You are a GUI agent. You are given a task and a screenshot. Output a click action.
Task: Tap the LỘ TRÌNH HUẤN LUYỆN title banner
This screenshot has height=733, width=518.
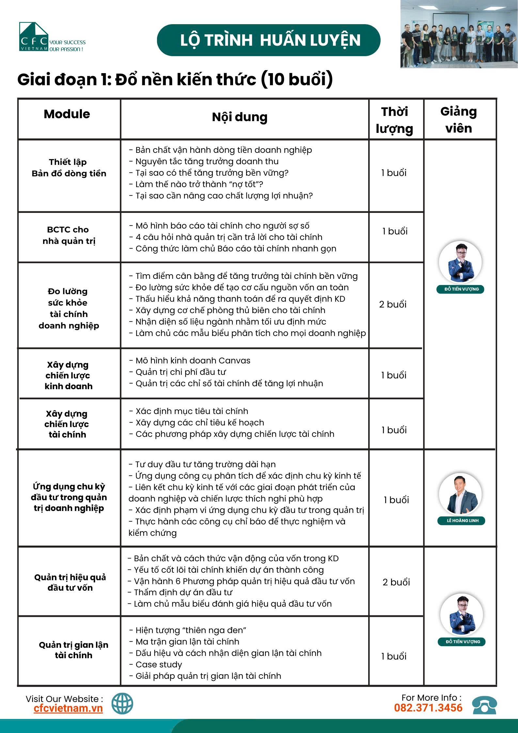268,40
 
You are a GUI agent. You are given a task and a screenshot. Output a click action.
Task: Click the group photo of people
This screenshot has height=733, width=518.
459,34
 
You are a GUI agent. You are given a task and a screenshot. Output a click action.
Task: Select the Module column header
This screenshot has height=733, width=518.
67,114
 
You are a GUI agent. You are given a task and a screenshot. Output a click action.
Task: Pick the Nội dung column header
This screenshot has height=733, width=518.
240,117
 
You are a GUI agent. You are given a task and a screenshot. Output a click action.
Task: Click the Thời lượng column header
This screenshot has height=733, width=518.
395,120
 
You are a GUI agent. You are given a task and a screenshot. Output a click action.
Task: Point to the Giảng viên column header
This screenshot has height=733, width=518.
459,120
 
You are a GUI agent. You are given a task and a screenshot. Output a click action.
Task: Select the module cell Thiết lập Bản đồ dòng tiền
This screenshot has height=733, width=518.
69,167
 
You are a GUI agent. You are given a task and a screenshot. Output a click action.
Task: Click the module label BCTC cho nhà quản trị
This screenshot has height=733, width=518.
69,235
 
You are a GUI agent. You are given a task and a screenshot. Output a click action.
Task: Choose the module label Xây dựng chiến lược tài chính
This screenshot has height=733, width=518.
67,424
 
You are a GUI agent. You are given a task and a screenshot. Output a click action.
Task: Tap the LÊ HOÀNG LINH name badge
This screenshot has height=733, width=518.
461,520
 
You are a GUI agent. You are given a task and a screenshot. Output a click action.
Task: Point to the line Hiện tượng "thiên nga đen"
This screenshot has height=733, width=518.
191,630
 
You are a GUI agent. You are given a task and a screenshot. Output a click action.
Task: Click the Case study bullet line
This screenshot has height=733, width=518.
159,664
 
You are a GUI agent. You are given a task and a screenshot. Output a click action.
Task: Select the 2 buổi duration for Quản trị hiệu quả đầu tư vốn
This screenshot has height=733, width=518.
396,582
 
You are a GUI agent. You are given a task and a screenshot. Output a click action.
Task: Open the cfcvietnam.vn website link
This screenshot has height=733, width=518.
68,708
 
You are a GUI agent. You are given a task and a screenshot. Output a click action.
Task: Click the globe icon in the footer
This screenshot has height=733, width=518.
122,703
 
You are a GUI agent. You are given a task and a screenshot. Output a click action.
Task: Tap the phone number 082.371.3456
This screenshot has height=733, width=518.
428,708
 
